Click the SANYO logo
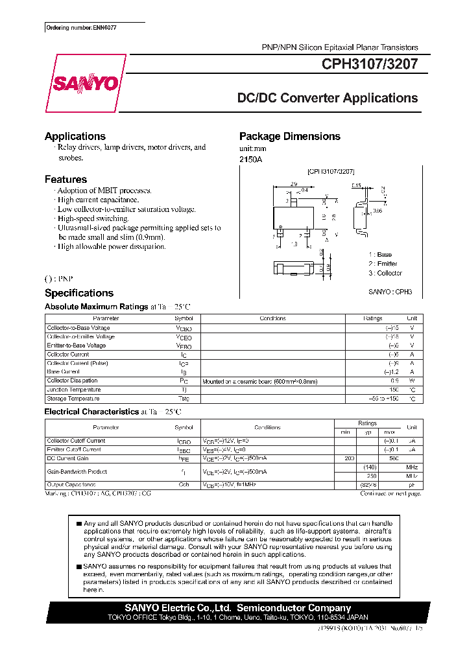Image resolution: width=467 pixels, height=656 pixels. [x=85, y=84]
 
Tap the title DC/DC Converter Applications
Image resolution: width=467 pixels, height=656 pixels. [x=328, y=99]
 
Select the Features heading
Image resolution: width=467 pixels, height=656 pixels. [x=66, y=180]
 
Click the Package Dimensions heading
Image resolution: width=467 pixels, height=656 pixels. [x=289, y=136]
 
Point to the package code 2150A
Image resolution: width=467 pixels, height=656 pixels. [x=250, y=159]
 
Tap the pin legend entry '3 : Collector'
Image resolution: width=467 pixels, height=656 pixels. [x=385, y=273]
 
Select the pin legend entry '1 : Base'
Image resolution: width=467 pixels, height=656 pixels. [x=380, y=255]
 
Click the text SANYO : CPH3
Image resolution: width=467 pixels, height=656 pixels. [x=390, y=292]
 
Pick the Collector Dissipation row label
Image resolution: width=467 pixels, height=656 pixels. [x=72, y=381]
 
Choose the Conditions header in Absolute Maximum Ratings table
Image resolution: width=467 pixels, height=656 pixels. [x=272, y=318]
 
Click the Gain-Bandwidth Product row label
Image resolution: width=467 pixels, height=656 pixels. [x=77, y=472]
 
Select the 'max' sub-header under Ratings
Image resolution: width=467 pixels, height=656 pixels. [x=389, y=432]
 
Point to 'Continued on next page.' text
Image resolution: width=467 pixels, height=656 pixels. [x=390, y=493]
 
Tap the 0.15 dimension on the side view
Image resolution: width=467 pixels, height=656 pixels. [x=357, y=186]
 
